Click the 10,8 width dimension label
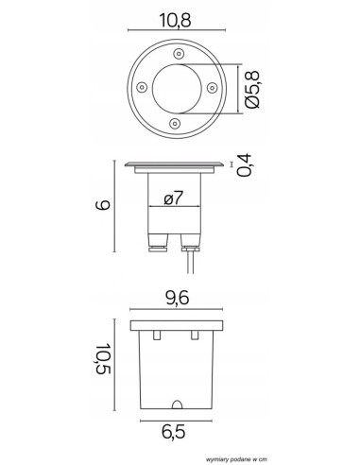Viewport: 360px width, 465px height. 175,21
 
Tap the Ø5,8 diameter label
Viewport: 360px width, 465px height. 252,90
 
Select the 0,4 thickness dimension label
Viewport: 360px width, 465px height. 245,165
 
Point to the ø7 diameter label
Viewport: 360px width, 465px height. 174,198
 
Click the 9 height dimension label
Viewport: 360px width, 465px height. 103,205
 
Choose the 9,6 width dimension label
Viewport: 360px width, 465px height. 177,298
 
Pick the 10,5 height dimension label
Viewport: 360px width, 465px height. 103,358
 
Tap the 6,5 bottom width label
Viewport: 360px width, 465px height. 174,431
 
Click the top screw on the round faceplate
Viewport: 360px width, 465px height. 179,53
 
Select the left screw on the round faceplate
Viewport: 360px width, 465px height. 142,87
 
